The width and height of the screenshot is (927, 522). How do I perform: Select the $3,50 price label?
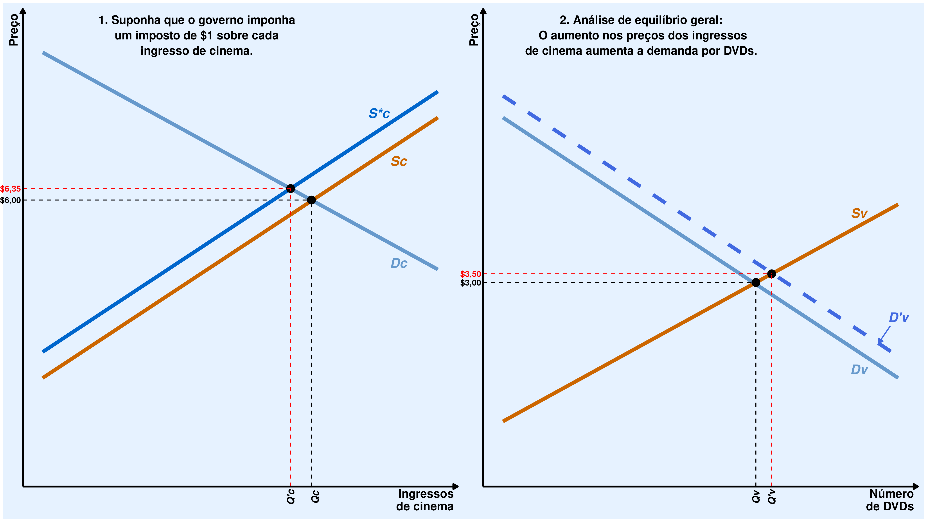[x=470, y=274]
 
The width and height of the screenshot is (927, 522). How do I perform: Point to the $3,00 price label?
[x=470, y=283]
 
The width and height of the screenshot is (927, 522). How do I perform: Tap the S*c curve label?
[x=379, y=113]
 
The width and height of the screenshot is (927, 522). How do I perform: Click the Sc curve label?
[x=399, y=161]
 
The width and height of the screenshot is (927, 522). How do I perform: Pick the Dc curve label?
[x=399, y=263]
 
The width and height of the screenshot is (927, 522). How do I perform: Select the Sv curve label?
[x=859, y=213]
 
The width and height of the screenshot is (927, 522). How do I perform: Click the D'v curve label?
[x=898, y=318]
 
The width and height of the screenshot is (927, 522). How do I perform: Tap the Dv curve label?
[x=859, y=370]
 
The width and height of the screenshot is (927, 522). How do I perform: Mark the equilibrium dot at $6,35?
[x=290, y=188]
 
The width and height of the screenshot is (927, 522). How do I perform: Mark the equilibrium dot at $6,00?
[x=311, y=200]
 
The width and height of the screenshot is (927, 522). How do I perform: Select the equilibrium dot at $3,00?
[x=756, y=282]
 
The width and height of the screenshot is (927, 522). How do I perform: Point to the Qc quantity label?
[x=315, y=497]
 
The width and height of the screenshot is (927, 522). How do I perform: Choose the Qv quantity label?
[x=756, y=497]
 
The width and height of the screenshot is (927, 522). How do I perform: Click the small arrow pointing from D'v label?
[x=884, y=334]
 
